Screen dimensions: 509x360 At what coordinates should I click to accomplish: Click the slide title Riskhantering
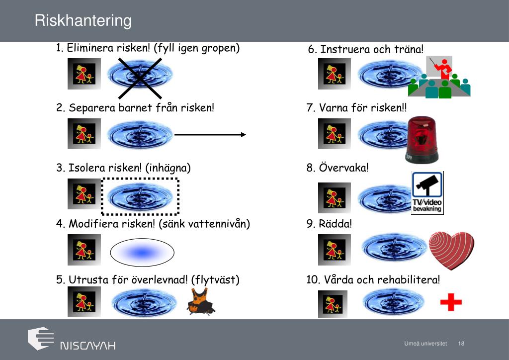[83, 21]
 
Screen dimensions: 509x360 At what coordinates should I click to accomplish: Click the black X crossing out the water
[140, 78]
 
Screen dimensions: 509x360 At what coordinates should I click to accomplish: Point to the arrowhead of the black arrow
[243, 134]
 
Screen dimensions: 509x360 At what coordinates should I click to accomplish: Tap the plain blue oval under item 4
[142, 253]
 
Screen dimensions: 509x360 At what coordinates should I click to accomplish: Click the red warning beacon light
[422, 139]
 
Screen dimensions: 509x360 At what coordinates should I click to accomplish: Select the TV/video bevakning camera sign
[427, 192]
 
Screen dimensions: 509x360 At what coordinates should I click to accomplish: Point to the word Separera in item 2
[90, 108]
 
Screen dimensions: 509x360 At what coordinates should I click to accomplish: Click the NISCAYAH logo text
[87, 345]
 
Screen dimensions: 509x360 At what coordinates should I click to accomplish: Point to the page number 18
[461, 344]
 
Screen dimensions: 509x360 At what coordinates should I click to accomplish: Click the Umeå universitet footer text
[425, 344]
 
